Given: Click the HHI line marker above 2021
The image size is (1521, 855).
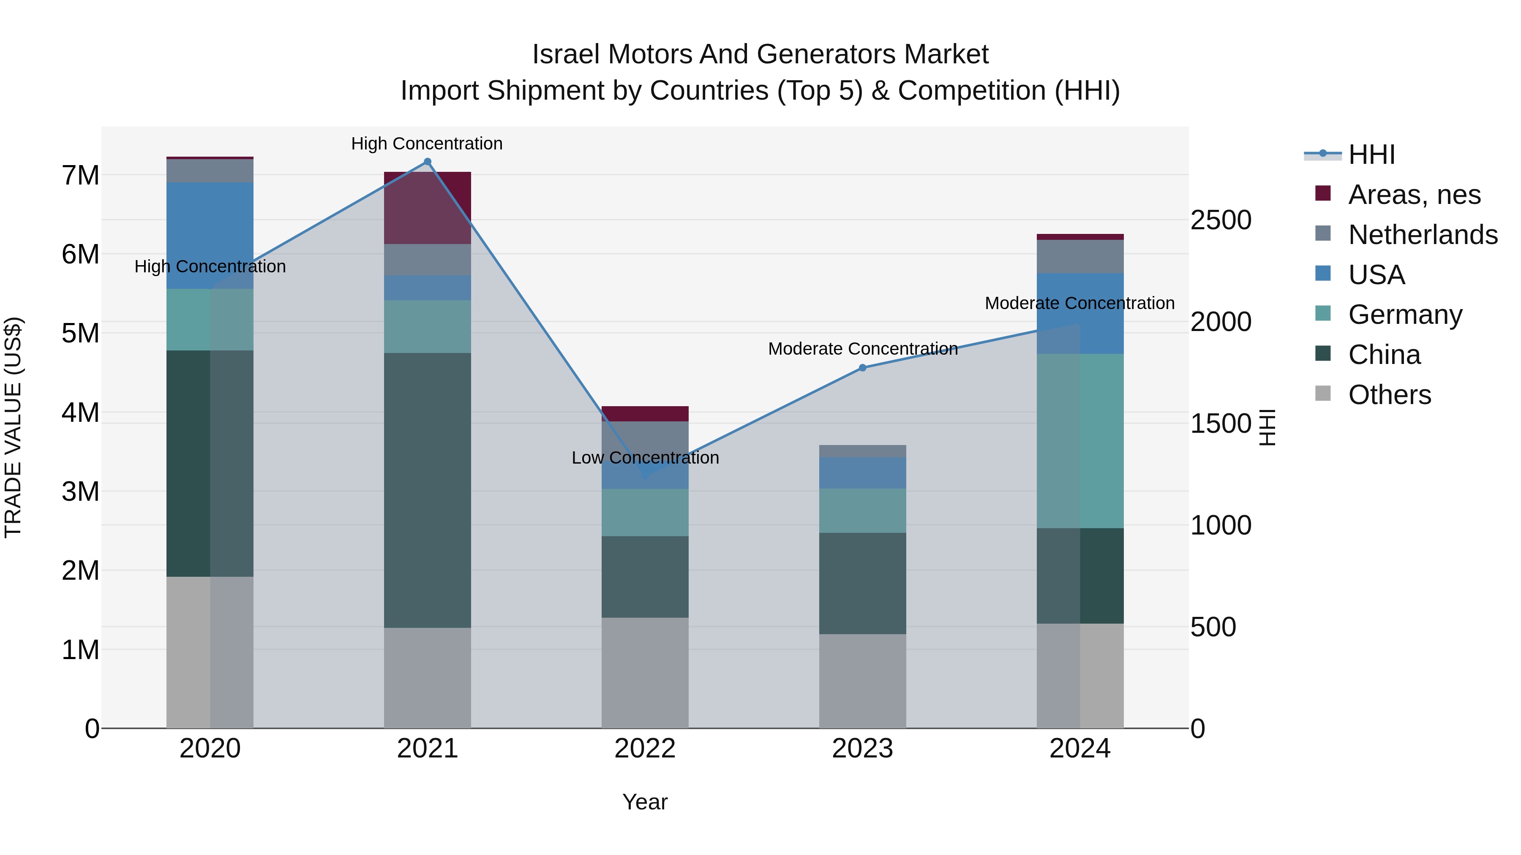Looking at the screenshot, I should click(428, 162).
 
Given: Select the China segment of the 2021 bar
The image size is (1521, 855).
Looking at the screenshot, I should click(428, 490).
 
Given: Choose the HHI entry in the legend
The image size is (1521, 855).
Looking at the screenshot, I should click(1371, 155).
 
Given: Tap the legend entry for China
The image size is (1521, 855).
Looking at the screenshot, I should click(1384, 355).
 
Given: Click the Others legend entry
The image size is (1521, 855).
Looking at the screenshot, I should click(1389, 395).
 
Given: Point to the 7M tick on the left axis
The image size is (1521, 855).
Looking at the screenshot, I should click(80, 175).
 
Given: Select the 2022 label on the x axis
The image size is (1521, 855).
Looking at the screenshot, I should click(645, 749).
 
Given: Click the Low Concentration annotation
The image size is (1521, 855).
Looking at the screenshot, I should click(645, 458).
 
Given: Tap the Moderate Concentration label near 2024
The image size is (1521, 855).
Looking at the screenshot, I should click(1079, 303).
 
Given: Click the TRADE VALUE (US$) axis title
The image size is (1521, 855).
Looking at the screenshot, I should click(13, 427).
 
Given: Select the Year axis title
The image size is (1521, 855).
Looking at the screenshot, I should click(645, 802).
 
